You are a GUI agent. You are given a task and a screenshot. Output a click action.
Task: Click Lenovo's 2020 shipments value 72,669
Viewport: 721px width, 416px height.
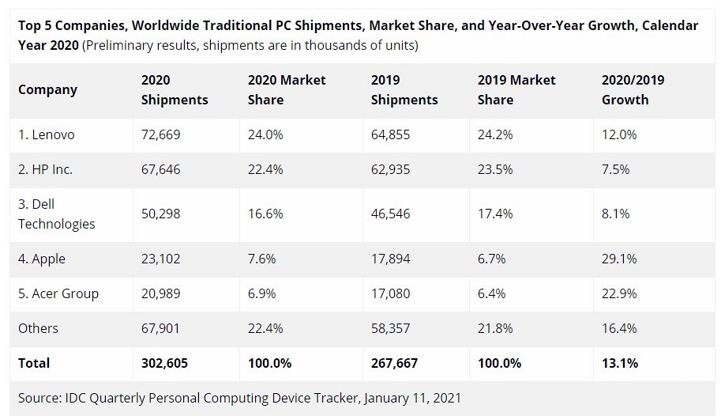point(160,135)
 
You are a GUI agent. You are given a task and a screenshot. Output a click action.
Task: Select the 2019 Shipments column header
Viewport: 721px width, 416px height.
point(404,90)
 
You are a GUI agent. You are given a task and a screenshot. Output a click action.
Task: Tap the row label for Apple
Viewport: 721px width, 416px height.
point(42,259)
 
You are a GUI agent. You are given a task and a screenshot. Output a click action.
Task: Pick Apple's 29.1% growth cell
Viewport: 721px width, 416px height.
point(619,259)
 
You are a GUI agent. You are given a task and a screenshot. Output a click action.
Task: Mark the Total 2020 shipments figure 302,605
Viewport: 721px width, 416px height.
point(164,363)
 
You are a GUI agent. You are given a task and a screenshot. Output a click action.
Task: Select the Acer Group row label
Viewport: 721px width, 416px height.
point(58,293)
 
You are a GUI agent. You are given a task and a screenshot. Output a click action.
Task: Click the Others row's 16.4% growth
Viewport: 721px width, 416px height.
point(619,328)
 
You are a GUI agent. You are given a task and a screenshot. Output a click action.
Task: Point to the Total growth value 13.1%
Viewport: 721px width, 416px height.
point(620,363)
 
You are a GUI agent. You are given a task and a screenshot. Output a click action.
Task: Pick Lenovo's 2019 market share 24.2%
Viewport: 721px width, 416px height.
point(495,135)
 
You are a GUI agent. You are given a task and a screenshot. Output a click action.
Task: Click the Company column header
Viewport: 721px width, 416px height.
point(47,89)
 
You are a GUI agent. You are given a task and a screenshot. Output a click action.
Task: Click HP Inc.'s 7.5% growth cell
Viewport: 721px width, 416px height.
point(616,170)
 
